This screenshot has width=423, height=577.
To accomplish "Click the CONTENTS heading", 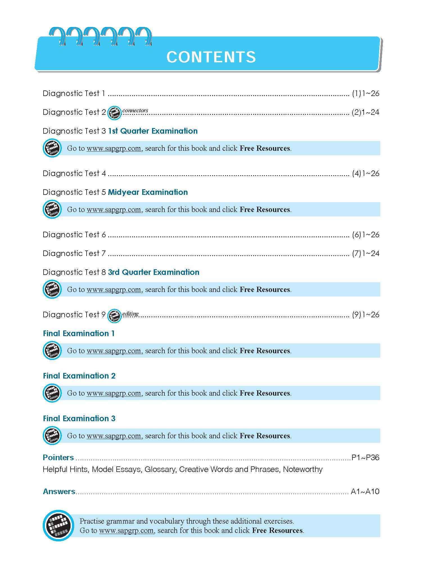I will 211,57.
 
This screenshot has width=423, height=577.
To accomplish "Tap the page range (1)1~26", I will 365,93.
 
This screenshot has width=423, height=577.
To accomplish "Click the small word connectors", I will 135,110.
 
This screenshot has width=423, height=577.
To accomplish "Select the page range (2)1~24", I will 365,112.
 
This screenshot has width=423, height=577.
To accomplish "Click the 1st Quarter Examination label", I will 153,131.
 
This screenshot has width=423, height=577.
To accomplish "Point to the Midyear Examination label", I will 148,192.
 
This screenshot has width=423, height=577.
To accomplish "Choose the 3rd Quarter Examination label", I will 153,272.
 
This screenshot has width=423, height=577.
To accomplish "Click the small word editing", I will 130,314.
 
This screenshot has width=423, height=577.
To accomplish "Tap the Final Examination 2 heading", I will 79,376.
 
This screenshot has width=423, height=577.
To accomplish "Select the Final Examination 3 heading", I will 79,419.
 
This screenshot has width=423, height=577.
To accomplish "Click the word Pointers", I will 58,458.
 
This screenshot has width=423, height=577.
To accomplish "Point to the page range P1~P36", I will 365,458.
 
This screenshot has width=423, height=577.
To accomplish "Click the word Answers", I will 59,492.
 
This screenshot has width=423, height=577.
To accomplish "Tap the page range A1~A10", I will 365,492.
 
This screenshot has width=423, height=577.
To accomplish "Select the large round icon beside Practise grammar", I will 58,525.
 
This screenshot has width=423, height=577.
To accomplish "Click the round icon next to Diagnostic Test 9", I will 114,316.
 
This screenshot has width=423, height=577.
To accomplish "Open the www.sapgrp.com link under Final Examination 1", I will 114,351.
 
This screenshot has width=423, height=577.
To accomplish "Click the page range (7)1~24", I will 365,254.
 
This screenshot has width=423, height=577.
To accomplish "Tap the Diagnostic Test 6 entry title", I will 74,235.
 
